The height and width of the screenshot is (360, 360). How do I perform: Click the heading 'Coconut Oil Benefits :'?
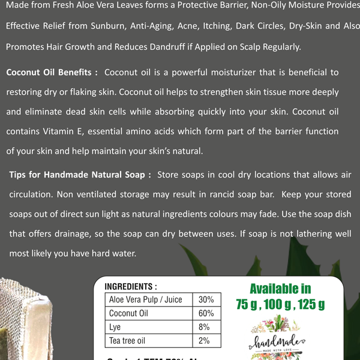pyautogui.click(x=52, y=73)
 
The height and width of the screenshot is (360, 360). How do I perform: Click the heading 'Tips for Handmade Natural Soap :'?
pyautogui.click(x=80, y=175)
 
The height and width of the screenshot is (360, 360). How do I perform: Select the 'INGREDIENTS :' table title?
pyautogui.click(x=131, y=287)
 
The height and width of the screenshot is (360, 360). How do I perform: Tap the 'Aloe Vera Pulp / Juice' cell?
pyautogui.click(x=145, y=299)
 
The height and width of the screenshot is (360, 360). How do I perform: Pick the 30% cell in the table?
pyautogui.click(x=206, y=299)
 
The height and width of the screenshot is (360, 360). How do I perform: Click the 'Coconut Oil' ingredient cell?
pyautogui.click(x=128, y=313)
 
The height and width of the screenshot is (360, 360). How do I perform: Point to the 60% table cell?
pyautogui.click(x=206, y=313)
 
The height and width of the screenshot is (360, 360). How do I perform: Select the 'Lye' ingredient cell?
pyautogui.click(x=115, y=327)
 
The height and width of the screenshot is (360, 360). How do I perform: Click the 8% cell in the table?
pyautogui.click(x=204, y=327)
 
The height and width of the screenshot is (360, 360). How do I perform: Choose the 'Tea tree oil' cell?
pyautogui.click(x=127, y=341)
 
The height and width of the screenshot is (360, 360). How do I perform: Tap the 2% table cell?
pyautogui.click(x=204, y=341)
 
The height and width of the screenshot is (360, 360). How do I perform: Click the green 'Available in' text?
pyautogui.click(x=280, y=289)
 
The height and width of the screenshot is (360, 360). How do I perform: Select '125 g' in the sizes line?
pyautogui.click(x=311, y=305)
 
